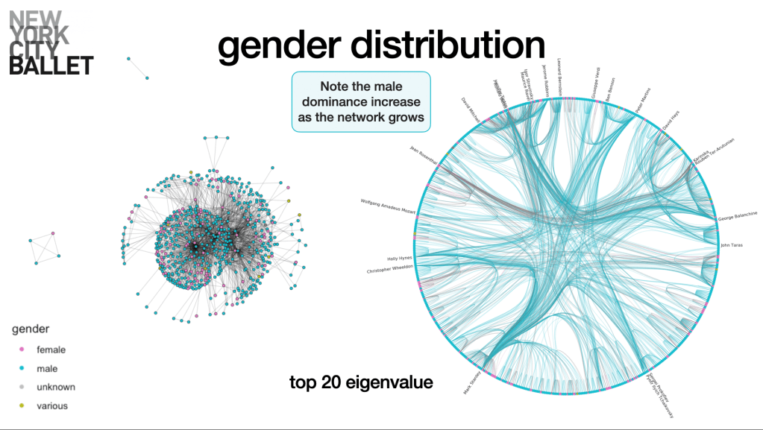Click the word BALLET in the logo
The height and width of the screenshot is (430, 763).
click(x=51, y=66)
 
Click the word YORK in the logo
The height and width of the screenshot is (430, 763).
click(x=39, y=34)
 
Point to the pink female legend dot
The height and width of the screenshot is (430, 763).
click(x=22, y=350)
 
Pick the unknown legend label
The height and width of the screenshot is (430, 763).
click(x=55, y=387)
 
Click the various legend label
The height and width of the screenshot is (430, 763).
click(x=51, y=406)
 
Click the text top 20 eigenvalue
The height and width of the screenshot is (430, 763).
click(x=361, y=383)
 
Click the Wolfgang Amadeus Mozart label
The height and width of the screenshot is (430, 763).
click(x=387, y=206)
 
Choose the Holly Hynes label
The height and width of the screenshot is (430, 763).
click(x=399, y=259)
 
